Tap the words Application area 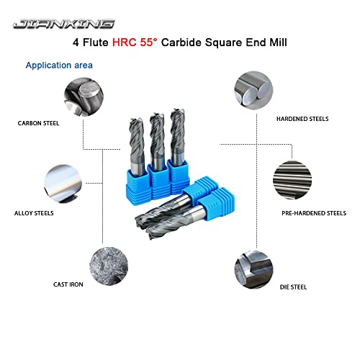[59, 66]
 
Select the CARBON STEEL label [39, 123]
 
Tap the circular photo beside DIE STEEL [253, 270]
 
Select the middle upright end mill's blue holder [158, 175]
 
